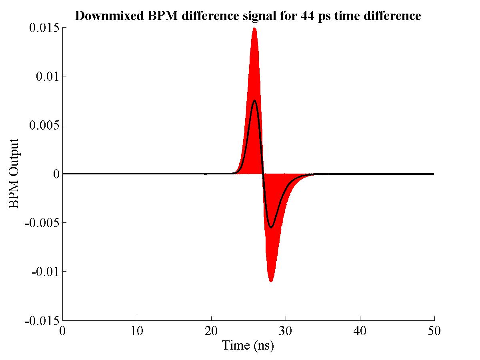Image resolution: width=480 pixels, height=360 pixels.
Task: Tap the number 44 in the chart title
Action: pos(308,16)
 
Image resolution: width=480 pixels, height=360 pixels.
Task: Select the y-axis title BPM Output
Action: pos(14,174)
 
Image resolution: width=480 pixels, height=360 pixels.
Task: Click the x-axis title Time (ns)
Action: pos(248,345)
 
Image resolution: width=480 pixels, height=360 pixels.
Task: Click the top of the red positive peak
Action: pos(254,28)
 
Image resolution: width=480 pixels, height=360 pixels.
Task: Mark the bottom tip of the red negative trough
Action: pos(271,281)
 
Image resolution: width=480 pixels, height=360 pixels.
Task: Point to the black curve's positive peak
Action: pos(255,100)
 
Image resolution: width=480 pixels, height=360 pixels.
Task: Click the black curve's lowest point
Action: pos(271,228)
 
